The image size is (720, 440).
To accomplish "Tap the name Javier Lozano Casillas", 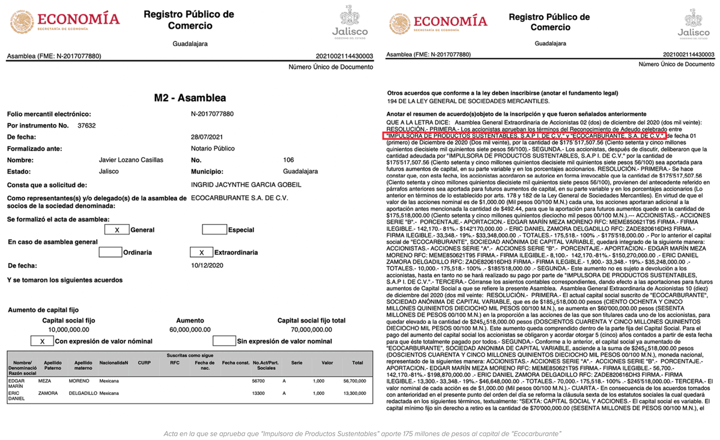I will (x=130, y=160).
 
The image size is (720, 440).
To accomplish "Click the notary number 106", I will (x=289, y=160).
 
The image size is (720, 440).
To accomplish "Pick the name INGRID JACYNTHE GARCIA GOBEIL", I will (x=246, y=185).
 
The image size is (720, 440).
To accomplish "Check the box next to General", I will (x=117, y=230).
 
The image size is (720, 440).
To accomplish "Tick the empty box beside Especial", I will (x=214, y=230).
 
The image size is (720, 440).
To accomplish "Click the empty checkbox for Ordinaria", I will (x=110, y=252).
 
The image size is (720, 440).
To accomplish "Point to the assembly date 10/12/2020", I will (x=207, y=265).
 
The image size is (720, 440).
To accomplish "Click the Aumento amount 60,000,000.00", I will (x=190, y=330).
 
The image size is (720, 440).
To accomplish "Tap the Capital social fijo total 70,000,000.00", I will (x=311, y=330).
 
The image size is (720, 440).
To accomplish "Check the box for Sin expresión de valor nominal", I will (x=225, y=341).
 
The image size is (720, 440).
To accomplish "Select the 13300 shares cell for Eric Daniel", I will (x=259, y=393).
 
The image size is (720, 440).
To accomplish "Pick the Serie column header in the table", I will (x=297, y=363).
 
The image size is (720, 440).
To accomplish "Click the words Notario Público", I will (x=213, y=148).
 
